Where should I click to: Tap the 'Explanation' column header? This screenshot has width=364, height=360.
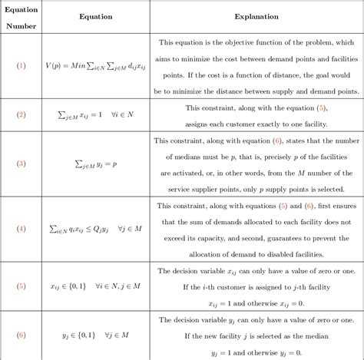(x=257, y=15)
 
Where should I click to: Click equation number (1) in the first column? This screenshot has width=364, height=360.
(x=22, y=65)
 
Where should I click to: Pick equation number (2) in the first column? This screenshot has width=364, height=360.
(x=22, y=115)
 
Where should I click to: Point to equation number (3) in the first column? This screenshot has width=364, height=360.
(x=22, y=163)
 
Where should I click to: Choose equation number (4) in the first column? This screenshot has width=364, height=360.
(x=22, y=229)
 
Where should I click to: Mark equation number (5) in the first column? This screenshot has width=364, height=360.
(x=22, y=286)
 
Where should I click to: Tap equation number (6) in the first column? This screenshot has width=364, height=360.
(x=22, y=335)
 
